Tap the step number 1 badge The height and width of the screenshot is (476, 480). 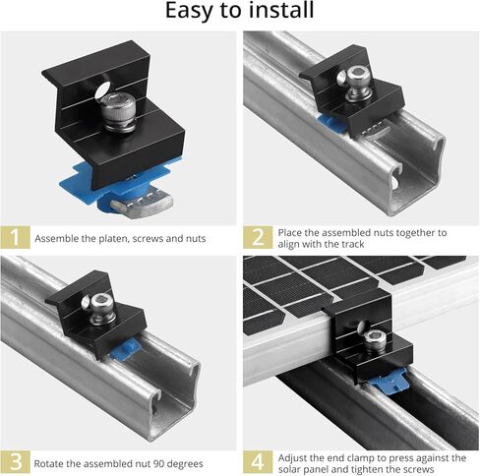click(x=13, y=238)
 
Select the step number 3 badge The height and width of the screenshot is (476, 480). click(x=13, y=462)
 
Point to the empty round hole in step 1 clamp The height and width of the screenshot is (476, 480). click(x=102, y=92)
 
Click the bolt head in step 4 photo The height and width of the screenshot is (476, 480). click(x=374, y=340)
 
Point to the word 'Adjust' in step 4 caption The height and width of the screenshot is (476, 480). click(x=293, y=457)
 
